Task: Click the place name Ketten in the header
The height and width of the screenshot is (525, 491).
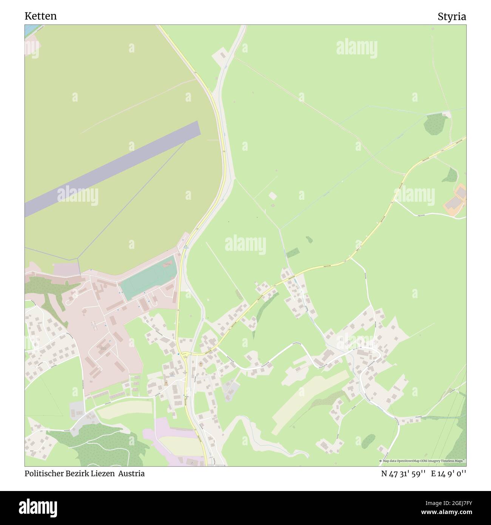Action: point(40,16)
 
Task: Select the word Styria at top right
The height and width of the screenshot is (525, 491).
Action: point(452,17)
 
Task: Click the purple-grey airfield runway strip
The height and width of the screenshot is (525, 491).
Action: point(113,168)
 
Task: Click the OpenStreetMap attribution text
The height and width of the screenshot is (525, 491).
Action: point(423,461)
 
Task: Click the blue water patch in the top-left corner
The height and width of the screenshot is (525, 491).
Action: point(29,30)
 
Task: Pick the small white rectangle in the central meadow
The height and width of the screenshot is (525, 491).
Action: point(272,196)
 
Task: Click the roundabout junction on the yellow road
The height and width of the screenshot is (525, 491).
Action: point(185,354)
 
